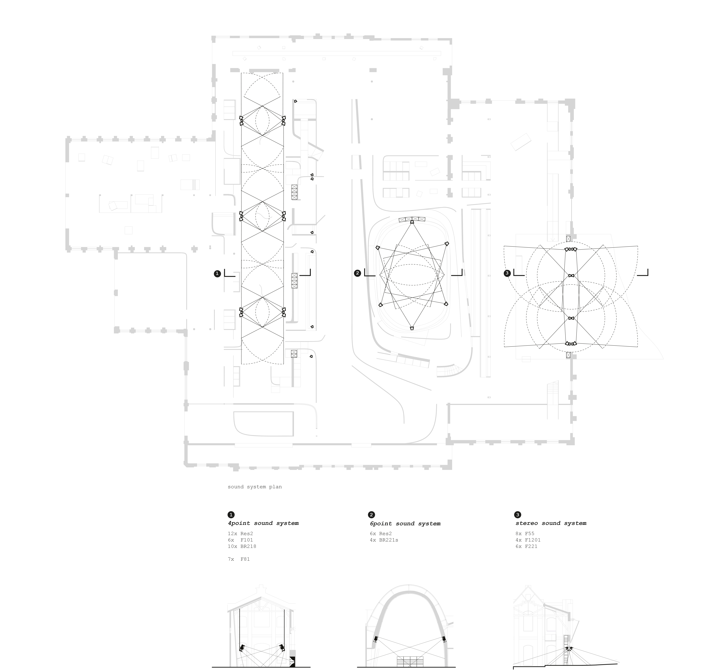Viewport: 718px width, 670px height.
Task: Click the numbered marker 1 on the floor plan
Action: coord(217,274)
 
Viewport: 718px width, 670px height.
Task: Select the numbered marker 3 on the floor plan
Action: coord(507,273)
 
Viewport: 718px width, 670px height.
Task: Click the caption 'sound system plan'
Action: coord(255,487)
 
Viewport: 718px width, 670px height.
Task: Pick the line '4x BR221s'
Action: coord(384,540)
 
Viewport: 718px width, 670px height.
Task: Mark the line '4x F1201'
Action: coord(528,540)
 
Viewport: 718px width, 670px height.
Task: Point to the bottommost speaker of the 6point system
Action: coord(412,328)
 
